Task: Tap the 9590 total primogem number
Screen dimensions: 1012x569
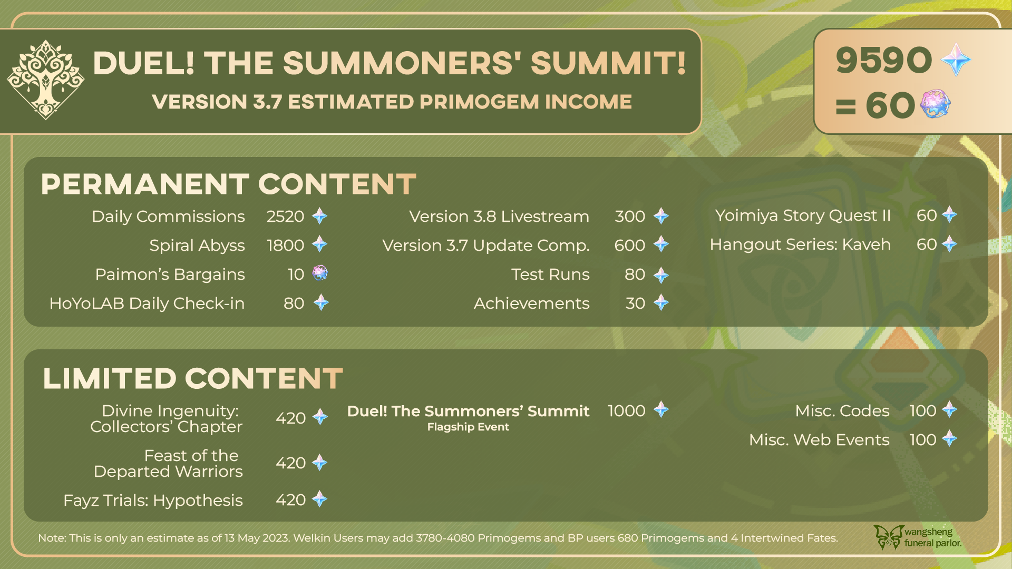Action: click(x=884, y=60)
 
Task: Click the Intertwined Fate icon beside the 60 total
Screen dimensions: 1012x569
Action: click(x=935, y=103)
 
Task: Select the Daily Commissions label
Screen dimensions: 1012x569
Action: click(x=168, y=217)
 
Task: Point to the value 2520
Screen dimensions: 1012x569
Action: click(x=285, y=217)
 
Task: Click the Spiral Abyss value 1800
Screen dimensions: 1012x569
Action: click(x=285, y=246)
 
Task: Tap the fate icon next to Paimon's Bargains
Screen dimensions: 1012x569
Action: click(x=320, y=273)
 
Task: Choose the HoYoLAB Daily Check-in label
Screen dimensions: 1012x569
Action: click(x=147, y=303)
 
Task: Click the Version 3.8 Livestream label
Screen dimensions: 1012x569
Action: click(x=499, y=217)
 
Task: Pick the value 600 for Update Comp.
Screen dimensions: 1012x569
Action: click(x=630, y=246)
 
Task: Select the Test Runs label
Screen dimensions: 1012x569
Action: click(x=550, y=274)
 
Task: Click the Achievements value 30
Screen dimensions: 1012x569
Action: click(x=635, y=303)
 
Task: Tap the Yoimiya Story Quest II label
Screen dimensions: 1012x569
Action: click(x=803, y=215)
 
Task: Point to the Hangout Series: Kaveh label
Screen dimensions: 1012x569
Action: click(x=800, y=244)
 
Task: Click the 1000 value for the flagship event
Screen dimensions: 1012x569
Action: click(x=626, y=411)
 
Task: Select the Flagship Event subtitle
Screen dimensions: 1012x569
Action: click(x=468, y=427)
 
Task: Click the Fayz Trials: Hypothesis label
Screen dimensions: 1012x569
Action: click(x=153, y=501)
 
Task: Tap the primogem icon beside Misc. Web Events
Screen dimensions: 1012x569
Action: click(x=949, y=438)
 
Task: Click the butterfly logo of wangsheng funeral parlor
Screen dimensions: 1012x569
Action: click(x=889, y=537)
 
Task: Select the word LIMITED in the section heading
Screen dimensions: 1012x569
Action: click(x=110, y=379)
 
